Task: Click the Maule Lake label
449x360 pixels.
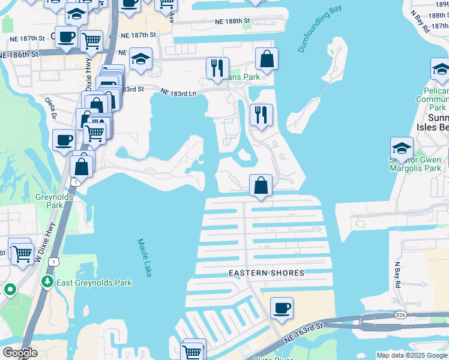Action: click(144, 257)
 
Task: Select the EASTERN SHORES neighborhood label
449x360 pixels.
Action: click(267, 273)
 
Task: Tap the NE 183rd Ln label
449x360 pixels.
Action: click(178, 92)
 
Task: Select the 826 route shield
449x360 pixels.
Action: click(400, 314)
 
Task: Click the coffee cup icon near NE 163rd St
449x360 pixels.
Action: click(282, 308)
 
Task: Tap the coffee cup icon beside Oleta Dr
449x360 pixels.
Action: click(64, 140)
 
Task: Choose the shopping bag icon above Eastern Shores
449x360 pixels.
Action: click(261, 185)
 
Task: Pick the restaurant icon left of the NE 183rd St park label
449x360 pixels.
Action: click(217, 68)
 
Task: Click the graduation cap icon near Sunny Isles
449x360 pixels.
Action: click(402, 148)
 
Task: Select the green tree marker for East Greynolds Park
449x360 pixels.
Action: click(47, 281)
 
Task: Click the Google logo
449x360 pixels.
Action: click(20, 353)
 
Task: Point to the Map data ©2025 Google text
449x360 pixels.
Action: click(412, 355)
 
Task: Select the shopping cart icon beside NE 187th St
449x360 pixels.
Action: click(91, 41)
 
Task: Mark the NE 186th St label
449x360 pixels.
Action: click(19, 54)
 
